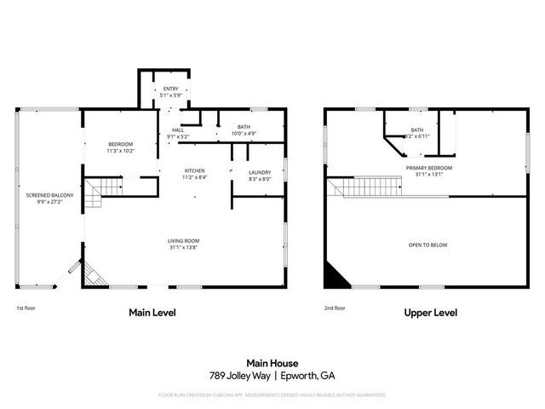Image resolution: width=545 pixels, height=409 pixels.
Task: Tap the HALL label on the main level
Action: point(178,130)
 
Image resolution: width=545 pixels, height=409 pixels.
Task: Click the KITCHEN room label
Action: point(195,171)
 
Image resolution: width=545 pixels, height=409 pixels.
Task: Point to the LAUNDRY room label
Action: point(259,172)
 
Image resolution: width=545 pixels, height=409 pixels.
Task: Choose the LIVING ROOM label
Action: point(184,241)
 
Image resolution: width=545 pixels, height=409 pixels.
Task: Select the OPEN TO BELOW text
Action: point(428,245)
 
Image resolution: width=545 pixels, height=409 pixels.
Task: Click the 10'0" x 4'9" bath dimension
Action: point(244,134)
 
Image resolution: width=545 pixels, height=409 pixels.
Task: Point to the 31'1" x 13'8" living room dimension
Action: point(184,248)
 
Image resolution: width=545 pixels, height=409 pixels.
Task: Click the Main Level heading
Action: point(152,313)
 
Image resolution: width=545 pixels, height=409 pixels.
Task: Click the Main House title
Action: point(272,362)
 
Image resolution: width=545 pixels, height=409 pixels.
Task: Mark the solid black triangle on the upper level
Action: point(334,274)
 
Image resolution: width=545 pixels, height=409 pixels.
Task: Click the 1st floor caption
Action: point(26,308)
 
